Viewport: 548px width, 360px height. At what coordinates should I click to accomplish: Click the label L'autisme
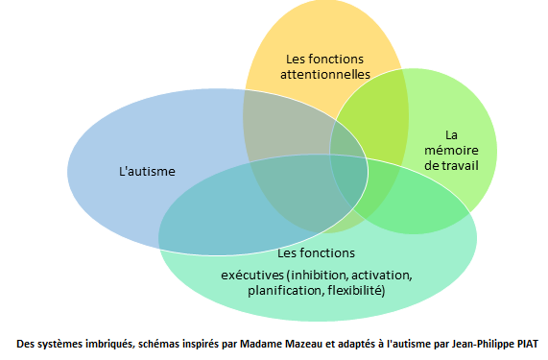point(147,171)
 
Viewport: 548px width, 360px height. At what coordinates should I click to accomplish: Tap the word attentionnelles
point(325,75)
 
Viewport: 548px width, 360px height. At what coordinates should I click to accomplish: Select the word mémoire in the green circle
point(451,151)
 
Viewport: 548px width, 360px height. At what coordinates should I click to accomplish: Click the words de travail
point(451,165)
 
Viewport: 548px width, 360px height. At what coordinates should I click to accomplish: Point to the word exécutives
point(252,276)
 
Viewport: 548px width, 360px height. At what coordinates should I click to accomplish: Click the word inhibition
point(319,276)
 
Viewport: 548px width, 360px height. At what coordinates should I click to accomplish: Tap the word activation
point(382,276)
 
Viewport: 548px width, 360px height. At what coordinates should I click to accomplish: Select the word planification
point(286,291)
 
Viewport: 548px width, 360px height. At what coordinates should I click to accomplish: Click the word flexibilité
point(356,291)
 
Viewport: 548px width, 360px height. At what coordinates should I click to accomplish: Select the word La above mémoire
point(451,135)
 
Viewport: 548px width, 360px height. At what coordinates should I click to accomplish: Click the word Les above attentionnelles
point(296,60)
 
